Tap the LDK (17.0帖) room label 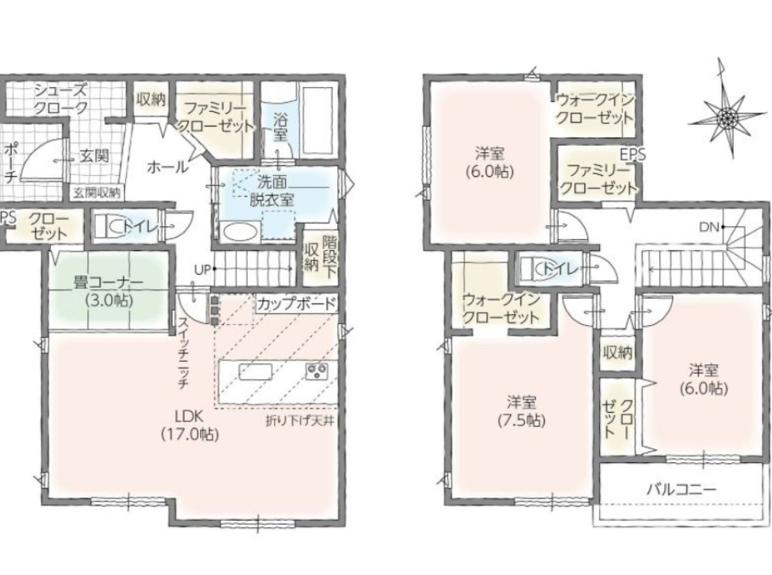[190, 425]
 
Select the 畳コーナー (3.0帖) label [108, 292]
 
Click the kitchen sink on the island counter [256, 371]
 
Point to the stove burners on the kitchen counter [317, 370]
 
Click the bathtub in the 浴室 [318, 120]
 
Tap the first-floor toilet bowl [115, 226]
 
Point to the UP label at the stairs [202, 269]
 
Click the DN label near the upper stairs [709, 227]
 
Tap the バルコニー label [682, 489]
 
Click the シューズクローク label [60, 99]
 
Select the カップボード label [297, 303]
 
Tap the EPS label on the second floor [633, 154]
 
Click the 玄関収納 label [97, 193]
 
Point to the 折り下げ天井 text [300, 421]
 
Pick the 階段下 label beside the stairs [328, 258]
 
